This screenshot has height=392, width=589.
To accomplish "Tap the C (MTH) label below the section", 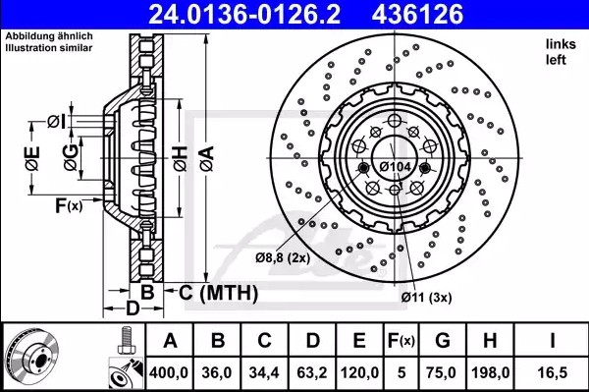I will click(x=217, y=293).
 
